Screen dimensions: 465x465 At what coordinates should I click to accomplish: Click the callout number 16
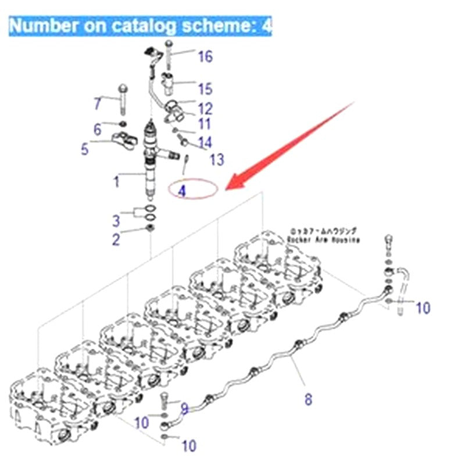205,56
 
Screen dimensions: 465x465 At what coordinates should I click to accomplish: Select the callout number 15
205,89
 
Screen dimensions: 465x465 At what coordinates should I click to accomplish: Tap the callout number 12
205,108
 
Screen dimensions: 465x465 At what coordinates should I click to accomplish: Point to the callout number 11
203,123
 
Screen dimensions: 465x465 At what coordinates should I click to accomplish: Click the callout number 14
205,142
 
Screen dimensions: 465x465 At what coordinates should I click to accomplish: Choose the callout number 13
216,159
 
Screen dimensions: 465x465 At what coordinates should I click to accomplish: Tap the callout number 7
98,105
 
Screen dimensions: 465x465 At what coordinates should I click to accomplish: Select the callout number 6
98,129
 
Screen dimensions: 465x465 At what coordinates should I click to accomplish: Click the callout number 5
85,149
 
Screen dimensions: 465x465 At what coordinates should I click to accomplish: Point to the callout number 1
116,181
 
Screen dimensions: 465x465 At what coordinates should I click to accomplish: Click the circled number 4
183,190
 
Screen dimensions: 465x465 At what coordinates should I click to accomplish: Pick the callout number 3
116,220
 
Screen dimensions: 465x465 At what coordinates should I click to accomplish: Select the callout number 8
308,399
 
